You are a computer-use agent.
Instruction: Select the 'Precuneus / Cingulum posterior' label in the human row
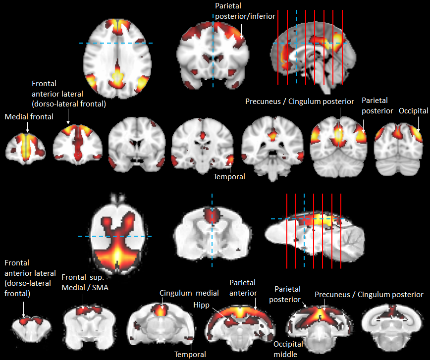[300, 102]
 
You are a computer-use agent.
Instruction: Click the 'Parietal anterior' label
[243, 288]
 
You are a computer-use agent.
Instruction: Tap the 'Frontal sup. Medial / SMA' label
[86, 280]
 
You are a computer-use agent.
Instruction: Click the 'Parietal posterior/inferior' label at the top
[245, 12]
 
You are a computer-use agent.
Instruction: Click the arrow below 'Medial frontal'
[28, 127]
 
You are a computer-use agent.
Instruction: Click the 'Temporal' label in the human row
[229, 176]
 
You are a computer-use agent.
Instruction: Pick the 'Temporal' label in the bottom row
[190, 354]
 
